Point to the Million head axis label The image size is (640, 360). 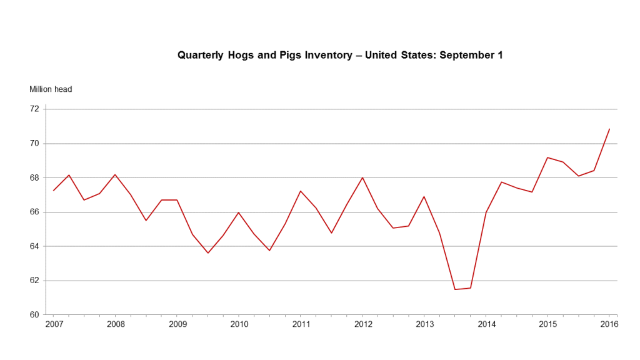click(51, 89)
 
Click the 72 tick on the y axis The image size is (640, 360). click(34, 109)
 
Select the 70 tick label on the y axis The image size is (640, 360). click(34, 143)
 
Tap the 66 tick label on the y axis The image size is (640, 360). click(34, 212)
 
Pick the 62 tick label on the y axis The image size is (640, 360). click(34, 281)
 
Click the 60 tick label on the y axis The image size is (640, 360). click(34, 314)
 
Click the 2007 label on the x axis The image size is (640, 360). click(54, 324)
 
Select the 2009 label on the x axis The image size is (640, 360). click(177, 324)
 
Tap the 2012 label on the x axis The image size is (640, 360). click(363, 324)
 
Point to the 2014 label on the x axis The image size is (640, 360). click(486, 324)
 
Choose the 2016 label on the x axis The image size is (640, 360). click(609, 324)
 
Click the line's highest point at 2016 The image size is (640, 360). click(609, 129)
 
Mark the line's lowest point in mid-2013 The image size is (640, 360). click(455, 289)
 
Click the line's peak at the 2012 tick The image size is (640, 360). click(363, 177)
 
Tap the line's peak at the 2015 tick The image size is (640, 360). click(548, 157)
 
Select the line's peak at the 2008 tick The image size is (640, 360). click(115, 174)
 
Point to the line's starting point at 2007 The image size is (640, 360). click(54, 190)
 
